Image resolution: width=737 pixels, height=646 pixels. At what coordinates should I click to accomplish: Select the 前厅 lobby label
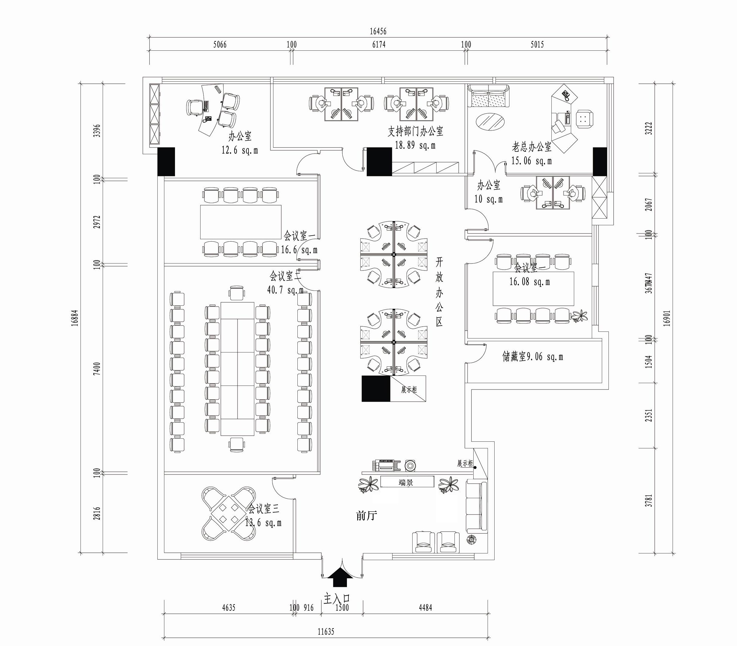click(x=366, y=516)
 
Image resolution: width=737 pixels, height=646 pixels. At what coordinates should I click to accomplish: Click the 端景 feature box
click(x=407, y=482)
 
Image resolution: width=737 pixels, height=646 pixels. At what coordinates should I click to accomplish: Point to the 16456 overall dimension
click(x=378, y=32)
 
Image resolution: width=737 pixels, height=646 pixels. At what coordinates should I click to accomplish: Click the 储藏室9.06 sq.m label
click(x=533, y=357)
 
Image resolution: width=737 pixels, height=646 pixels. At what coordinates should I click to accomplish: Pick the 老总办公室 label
click(x=531, y=147)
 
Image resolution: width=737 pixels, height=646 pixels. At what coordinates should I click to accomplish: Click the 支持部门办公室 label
click(x=415, y=131)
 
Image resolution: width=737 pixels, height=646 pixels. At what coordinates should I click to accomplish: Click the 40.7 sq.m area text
click(x=285, y=290)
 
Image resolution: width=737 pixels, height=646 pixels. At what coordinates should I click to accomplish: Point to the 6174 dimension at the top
click(x=379, y=45)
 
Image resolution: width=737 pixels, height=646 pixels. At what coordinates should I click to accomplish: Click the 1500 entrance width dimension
click(x=342, y=608)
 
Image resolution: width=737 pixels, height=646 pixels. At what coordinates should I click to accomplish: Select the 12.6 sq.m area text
click(x=239, y=150)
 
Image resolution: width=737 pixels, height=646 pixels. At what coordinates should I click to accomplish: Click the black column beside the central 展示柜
click(x=376, y=388)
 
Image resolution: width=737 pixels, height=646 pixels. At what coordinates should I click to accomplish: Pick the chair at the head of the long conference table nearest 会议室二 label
click(x=237, y=293)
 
